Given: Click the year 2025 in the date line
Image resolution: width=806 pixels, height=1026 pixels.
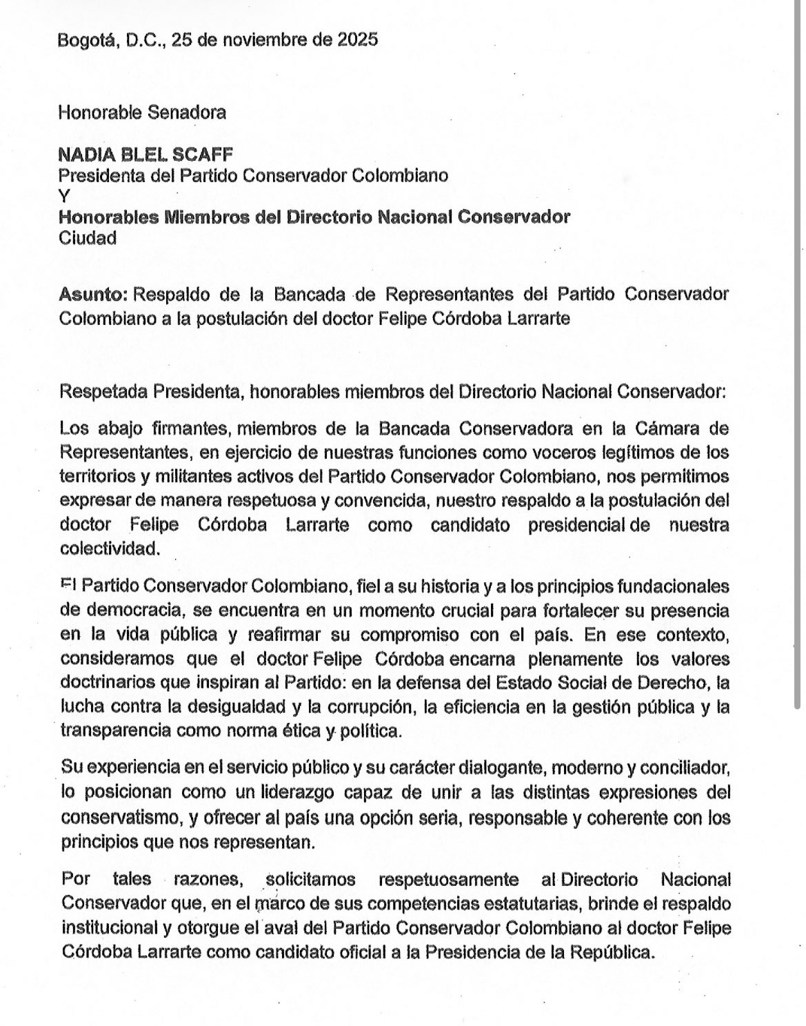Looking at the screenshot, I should point(357,40).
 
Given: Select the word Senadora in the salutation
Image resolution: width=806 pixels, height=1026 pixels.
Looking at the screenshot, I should point(194,112).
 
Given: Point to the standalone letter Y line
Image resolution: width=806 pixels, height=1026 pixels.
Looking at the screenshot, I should point(64,196).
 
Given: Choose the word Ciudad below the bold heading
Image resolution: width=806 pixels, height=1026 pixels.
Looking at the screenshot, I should point(88,238).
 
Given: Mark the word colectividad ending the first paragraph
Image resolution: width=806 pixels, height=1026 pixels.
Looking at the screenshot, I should point(109,550).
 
